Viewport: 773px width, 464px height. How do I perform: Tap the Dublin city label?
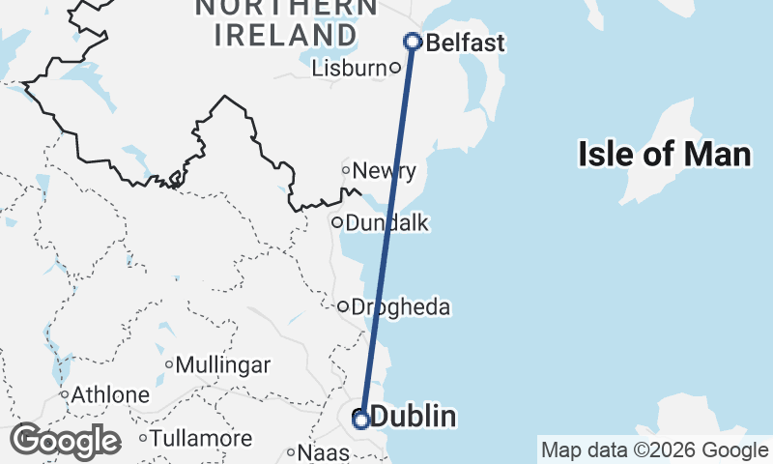click(x=413, y=417)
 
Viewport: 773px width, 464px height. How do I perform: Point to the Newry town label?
click(x=385, y=171)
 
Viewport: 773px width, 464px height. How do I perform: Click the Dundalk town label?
click(x=386, y=223)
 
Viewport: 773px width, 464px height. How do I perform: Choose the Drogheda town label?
click(x=401, y=307)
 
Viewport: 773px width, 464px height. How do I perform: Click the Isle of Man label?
click(x=664, y=154)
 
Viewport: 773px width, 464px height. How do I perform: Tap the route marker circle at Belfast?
click(x=413, y=42)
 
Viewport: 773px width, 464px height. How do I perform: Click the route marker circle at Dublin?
click(x=360, y=420)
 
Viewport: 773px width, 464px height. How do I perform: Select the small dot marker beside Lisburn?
click(x=394, y=68)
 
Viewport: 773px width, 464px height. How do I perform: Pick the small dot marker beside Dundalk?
click(x=337, y=222)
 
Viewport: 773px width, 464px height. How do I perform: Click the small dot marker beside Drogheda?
click(x=342, y=306)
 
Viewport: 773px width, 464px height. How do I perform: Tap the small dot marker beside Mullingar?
click(x=169, y=365)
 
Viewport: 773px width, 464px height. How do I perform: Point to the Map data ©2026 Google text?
click(x=654, y=449)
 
